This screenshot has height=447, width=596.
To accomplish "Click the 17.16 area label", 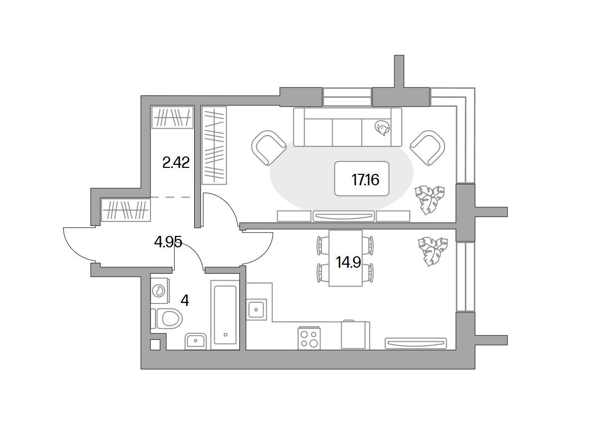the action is pos(365,180).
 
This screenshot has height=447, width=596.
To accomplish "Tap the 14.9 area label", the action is pos(348,262).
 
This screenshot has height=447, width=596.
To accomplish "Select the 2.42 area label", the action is pos(176,163).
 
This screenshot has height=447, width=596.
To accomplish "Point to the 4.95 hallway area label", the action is pos(168,242).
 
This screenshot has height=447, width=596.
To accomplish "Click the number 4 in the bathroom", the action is pos(185,300).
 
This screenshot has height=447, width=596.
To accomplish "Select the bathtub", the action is pos(225,315).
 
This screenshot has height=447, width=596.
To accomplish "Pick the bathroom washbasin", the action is pos(196,341).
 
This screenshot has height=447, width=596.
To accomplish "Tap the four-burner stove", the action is pos(309,338).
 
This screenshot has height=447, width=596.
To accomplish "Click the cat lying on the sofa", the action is pos(382,128).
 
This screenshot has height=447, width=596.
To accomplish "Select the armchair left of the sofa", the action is pos(269,148).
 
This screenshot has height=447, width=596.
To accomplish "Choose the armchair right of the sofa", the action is pos(428,148).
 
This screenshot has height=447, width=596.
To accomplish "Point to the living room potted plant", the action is pos(430,200).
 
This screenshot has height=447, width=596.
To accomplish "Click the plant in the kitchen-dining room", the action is pos(433,251).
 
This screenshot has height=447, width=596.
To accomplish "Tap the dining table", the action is pos(345,258).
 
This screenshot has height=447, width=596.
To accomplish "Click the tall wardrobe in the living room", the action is pos(214,146).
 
